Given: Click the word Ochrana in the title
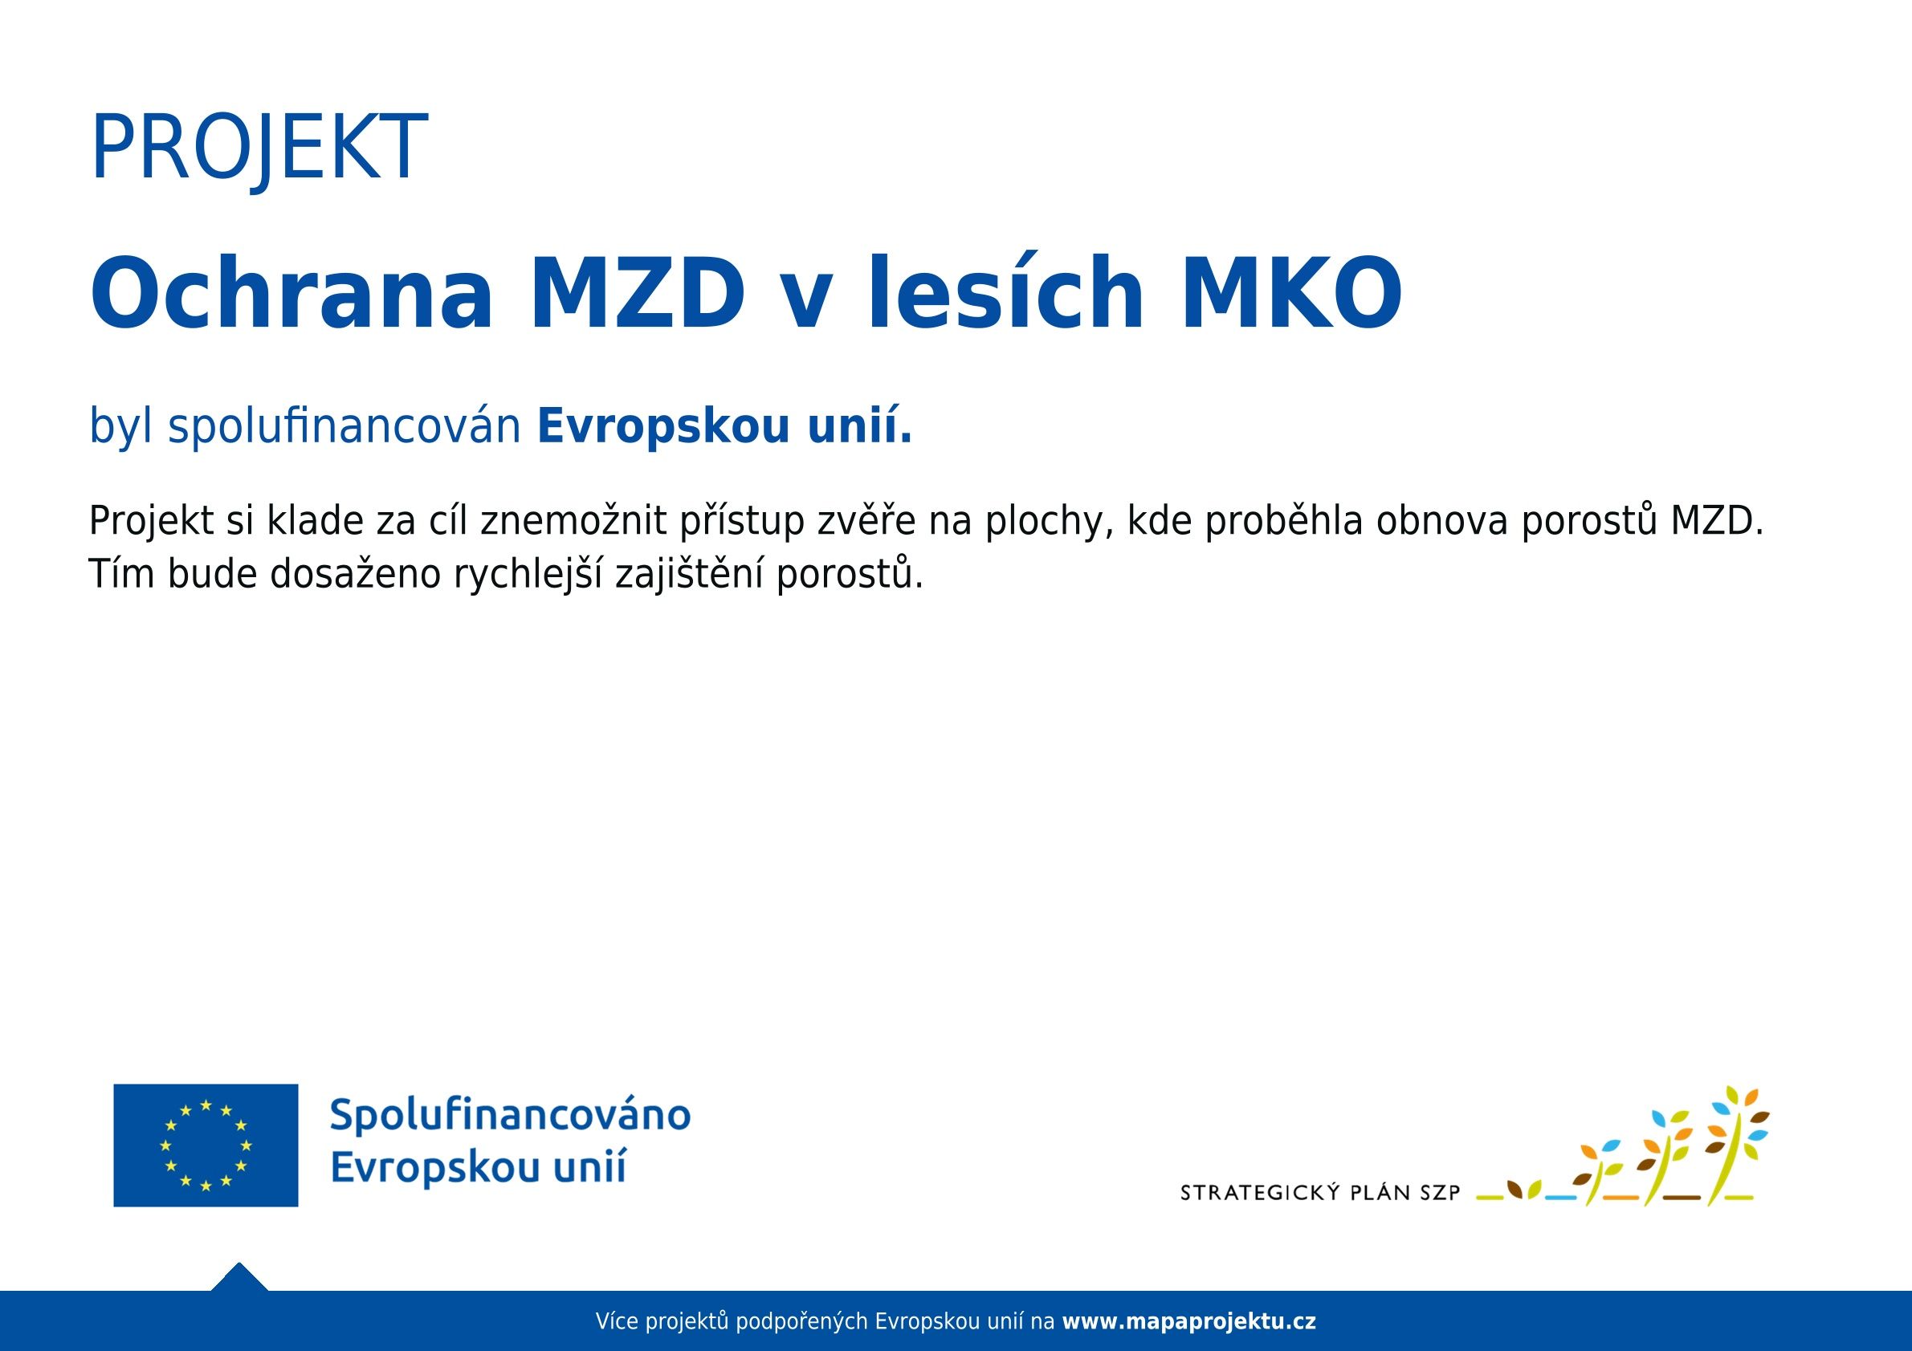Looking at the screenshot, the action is click(291, 293).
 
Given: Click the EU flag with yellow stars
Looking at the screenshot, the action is click(206, 1145).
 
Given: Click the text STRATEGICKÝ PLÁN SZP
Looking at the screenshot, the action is click(1321, 1193).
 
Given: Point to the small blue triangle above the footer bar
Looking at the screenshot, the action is click(240, 1278).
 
